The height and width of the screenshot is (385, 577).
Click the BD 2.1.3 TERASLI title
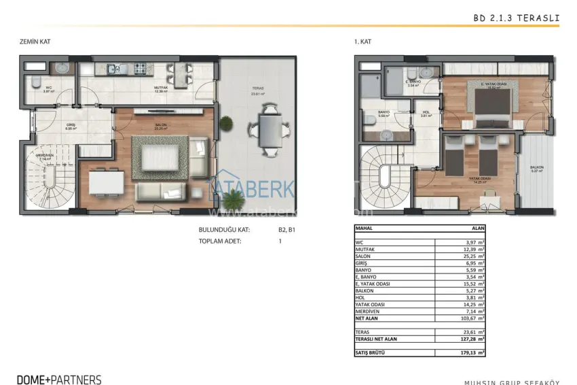point(516,19)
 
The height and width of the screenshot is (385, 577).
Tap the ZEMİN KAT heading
point(35,42)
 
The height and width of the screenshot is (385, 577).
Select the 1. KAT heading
point(363,42)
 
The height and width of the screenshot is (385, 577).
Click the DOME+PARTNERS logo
point(60,380)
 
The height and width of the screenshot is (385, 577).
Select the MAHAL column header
point(365,229)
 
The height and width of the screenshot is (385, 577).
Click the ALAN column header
point(478,229)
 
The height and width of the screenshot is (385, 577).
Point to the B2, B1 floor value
point(287,230)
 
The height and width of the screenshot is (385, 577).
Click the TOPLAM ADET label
point(220,241)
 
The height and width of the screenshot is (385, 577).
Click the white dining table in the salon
point(106,182)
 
